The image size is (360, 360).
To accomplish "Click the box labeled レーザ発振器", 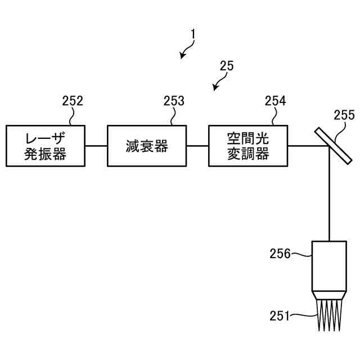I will tap(45, 146).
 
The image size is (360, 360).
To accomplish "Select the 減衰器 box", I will tap(146, 146).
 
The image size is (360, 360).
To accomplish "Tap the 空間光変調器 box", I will tap(247, 146).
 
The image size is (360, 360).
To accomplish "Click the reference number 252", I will tap(73, 101).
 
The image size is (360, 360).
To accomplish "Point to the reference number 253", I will tap(174, 101).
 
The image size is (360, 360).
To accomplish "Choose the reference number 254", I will tap(275, 101).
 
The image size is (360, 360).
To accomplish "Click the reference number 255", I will tap(344, 115).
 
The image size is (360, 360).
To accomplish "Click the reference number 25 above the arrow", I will tap(227, 66).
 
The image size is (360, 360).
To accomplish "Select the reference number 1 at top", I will tap(193, 34).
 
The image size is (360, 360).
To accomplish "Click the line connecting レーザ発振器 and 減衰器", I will tap(96, 146).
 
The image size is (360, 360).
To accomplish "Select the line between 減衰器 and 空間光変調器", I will tap(197, 146).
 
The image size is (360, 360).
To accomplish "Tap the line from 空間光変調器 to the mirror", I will tap(307, 146).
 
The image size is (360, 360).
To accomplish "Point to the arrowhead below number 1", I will tap(182, 56).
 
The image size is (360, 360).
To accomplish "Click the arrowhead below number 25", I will tap(215, 88).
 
